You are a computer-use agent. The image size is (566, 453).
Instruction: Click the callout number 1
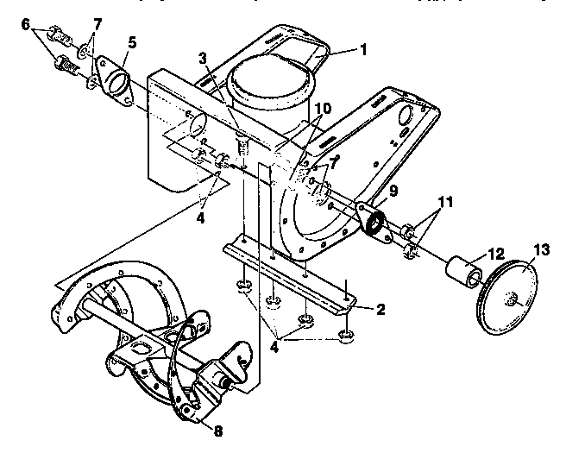point(364,49)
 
